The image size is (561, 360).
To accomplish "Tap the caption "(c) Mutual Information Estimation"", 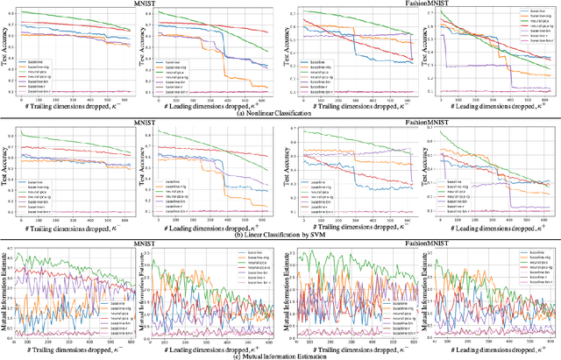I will [280, 355].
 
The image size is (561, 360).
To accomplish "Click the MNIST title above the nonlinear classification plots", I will [141, 4].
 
